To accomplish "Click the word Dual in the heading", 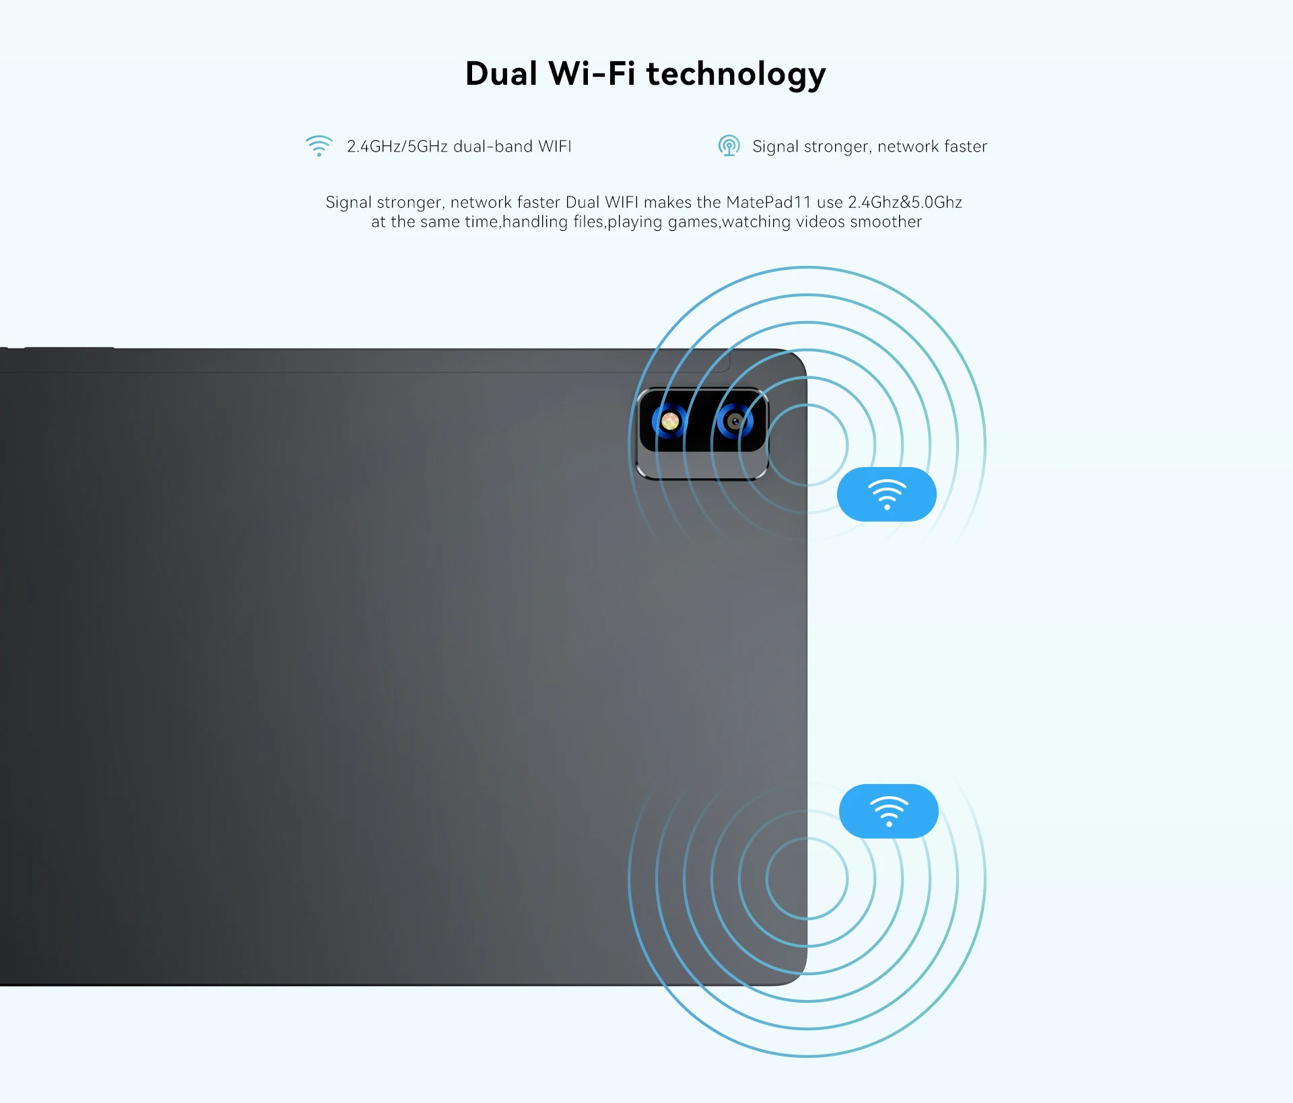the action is pos(501,73).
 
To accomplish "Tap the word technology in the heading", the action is pos(735,74).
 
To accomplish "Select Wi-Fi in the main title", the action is pos(592,73).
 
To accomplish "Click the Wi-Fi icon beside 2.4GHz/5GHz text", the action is pos(319,146).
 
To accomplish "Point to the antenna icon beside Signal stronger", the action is pos(729,145).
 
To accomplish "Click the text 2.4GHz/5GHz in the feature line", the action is pos(397,147).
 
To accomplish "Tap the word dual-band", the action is pos(492,147).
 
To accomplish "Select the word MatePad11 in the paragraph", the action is pos(768,202).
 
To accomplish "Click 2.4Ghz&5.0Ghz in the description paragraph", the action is pos(904,202).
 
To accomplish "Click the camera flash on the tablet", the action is pos(669,422).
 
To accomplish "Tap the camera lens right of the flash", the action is pos(735,422).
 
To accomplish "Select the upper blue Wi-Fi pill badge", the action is pos(886,494).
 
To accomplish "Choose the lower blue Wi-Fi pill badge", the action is pos(888,811).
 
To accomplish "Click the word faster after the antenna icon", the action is pos(965,147).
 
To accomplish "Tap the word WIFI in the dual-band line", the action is pos(554,147).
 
